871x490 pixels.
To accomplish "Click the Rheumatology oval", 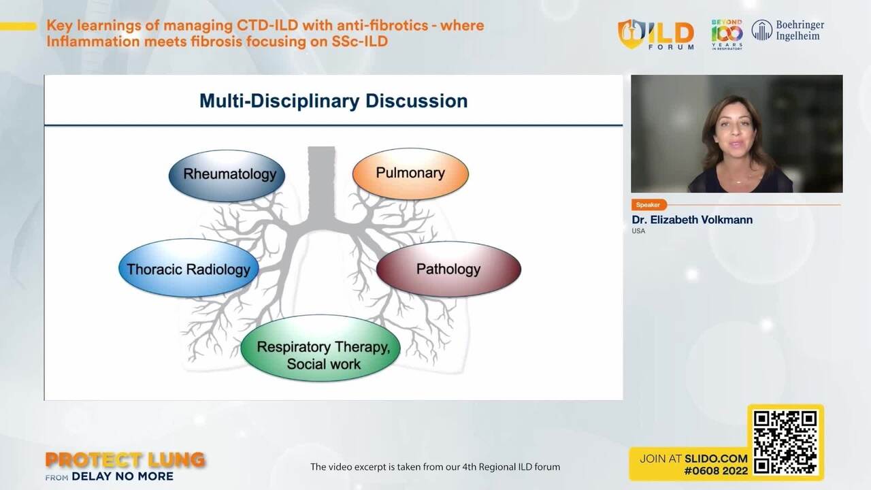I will coord(227,175).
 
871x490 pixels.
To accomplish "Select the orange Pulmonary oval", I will coord(410,174).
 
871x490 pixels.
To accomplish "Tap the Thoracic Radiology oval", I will coord(188,268).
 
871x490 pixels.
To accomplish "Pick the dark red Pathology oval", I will coord(448,269).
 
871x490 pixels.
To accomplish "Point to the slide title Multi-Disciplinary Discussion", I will coord(333,101).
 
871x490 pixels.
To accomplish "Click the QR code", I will coord(785,442).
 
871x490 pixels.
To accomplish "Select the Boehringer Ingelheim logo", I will coord(787,31).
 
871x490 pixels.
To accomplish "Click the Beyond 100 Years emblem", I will coord(727,34).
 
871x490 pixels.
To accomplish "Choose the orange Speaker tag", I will coord(648,205).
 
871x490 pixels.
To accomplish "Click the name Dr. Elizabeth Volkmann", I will coord(692,220).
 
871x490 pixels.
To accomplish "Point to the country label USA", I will coord(638,231).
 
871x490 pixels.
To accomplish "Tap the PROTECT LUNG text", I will coord(125,461).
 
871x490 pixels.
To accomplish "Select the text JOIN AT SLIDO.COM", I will coord(693,459).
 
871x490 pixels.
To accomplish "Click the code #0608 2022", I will coord(716,471).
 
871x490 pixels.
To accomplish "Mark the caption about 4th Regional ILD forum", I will coord(435,467).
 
